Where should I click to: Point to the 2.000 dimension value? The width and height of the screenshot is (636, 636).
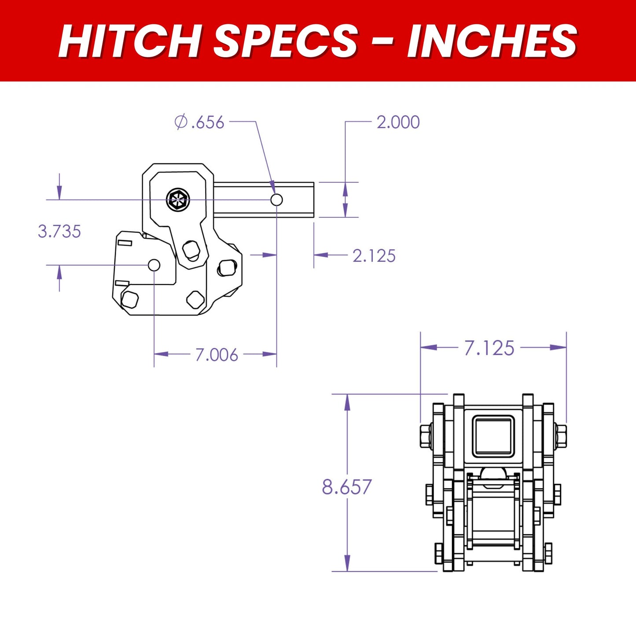tap(398, 122)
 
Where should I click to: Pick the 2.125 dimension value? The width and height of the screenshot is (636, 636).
tap(374, 256)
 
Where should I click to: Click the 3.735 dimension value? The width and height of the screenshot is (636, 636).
tap(59, 232)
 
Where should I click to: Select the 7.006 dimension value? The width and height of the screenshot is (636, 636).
tap(217, 355)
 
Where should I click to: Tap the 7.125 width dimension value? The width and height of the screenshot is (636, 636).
tap(489, 348)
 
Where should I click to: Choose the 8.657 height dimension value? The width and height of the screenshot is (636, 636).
tap(347, 487)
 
